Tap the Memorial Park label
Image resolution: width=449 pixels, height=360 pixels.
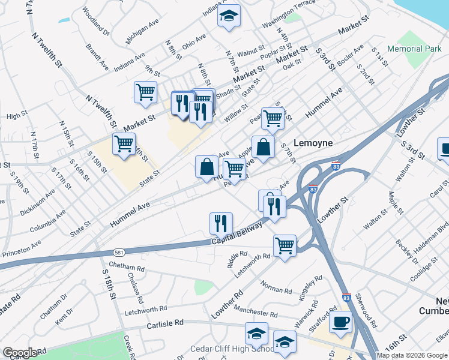point(414,48)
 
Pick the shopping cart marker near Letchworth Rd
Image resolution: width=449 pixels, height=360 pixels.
point(284,245)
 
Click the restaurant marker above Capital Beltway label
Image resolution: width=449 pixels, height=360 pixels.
point(221,223)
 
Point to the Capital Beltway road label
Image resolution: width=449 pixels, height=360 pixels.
point(237,234)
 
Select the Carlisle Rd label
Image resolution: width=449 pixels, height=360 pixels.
point(165,323)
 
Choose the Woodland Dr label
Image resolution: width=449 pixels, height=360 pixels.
point(96,21)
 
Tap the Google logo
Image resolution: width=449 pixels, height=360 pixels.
point(20,352)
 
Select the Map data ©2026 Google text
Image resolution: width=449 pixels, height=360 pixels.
point(411,355)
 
